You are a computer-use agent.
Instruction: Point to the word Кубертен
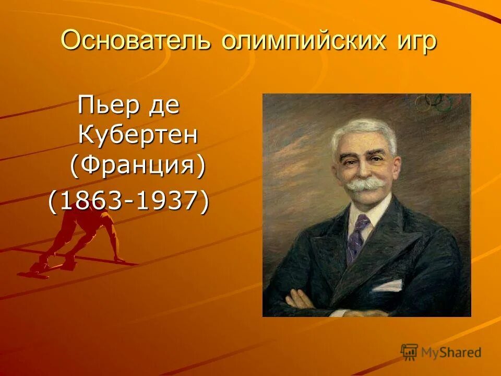(x=138, y=135)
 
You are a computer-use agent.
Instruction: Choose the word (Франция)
(x=138, y=166)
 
